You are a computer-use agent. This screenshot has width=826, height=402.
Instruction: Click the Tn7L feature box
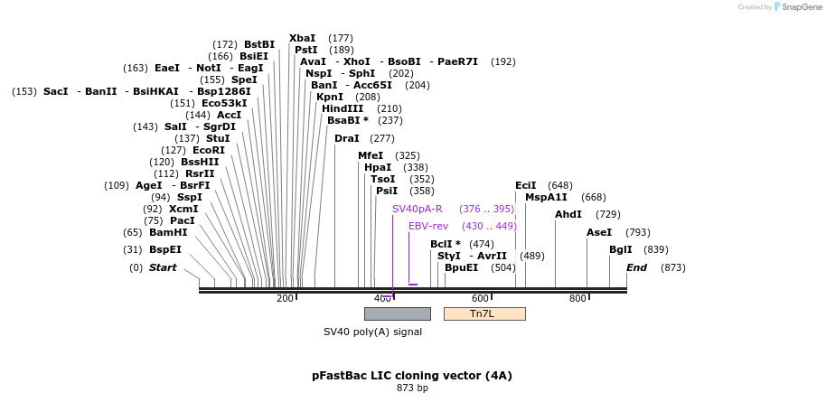[x=483, y=313]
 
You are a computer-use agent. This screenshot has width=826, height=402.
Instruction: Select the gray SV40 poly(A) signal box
[x=397, y=313]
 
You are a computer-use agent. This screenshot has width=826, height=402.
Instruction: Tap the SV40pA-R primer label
[x=417, y=209]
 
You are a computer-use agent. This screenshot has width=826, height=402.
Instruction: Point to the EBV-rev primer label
[x=428, y=226]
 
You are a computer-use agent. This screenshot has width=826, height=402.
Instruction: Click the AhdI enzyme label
[x=568, y=214]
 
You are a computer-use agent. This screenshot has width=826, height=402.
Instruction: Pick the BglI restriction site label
[x=621, y=249]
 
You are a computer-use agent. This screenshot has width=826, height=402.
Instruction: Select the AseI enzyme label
[x=599, y=232]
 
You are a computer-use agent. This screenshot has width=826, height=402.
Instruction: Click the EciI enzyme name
[x=526, y=185]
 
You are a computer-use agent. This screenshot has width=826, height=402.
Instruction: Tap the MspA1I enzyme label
[x=546, y=197]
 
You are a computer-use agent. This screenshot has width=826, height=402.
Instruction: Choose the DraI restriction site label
[x=346, y=138]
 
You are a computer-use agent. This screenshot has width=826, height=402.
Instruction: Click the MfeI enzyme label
[x=371, y=155]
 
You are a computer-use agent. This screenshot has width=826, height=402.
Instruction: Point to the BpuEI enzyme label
[x=461, y=267]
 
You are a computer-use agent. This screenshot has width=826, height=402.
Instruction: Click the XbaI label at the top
[x=303, y=38]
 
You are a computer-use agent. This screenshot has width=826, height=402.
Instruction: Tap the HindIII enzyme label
[x=343, y=108]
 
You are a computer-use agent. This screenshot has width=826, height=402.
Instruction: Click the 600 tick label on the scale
[x=480, y=299]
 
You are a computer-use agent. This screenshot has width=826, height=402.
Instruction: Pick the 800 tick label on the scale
[x=577, y=299]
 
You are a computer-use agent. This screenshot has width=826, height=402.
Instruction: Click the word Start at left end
[x=163, y=267]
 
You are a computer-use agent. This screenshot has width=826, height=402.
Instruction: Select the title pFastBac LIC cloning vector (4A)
[x=412, y=375]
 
